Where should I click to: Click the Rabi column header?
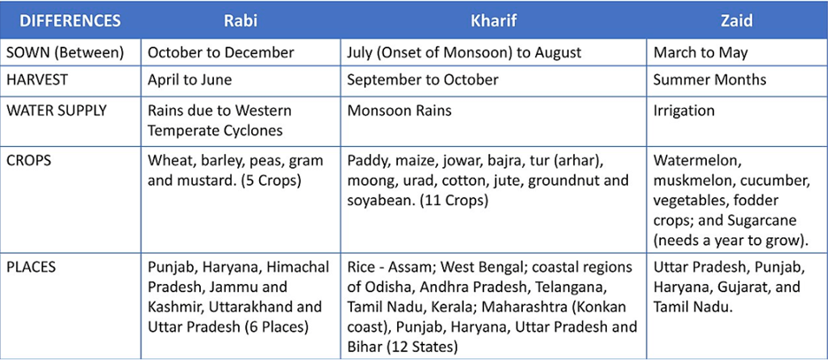(x=241, y=20)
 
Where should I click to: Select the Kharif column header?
(x=494, y=20)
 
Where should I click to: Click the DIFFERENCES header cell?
(x=70, y=20)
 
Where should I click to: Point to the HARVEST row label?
(x=36, y=80)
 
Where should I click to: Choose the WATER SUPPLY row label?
(x=57, y=111)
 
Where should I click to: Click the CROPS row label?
(x=29, y=161)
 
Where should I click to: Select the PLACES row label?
(x=32, y=266)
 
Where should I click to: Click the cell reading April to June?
(x=189, y=80)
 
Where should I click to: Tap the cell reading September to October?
(x=423, y=80)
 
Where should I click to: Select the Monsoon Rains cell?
(x=399, y=111)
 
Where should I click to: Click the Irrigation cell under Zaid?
(x=684, y=111)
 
